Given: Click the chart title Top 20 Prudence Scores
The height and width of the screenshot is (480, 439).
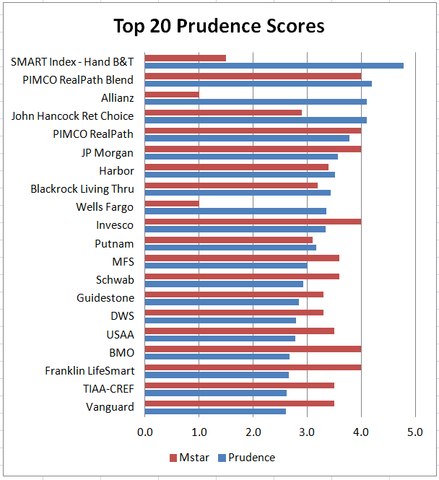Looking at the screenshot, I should [x=219, y=26].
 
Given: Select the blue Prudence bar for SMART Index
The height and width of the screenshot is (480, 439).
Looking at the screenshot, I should [x=274, y=66].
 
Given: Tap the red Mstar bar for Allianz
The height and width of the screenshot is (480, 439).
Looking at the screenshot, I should [x=172, y=95].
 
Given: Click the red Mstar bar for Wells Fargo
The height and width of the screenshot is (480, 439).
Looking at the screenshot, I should [x=172, y=204].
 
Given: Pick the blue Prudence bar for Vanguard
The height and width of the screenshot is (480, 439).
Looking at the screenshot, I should [x=215, y=411].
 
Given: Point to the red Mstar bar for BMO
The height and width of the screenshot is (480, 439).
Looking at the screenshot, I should [x=253, y=349].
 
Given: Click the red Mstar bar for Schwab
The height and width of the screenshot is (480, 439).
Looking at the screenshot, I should [x=242, y=276].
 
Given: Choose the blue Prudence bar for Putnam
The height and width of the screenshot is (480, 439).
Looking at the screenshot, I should [x=230, y=248].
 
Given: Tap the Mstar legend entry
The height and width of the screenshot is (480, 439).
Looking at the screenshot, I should [x=190, y=458].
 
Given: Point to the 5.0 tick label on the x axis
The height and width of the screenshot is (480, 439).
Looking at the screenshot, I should [x=414, y=432].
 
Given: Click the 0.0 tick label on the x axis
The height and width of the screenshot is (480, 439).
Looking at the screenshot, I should [x=144, y=432].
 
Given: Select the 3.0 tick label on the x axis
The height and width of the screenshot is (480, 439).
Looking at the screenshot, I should [x=306, y=432].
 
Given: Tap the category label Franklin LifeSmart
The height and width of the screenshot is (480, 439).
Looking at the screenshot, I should [x=90, y=370].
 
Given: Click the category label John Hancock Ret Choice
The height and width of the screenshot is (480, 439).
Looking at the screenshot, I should [x=72, y=115].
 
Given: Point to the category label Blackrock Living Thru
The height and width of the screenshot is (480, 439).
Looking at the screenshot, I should [x=82, y=188].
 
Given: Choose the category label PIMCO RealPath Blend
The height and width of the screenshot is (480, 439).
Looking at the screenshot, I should [x=77, y=79].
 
